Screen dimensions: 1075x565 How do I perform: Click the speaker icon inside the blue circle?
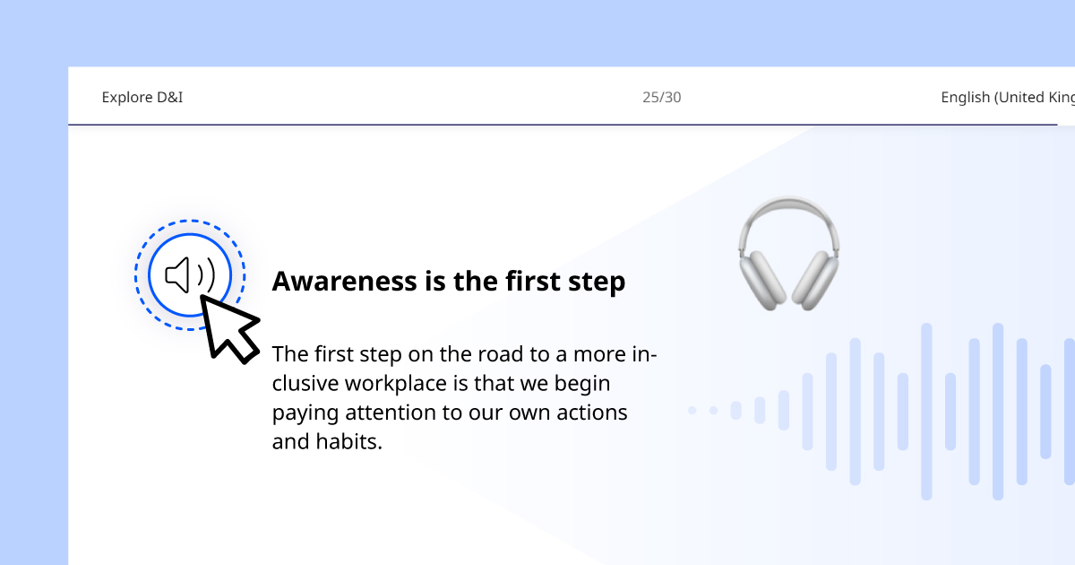tap(190, 274)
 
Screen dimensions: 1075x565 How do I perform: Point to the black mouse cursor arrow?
tap(229, 329)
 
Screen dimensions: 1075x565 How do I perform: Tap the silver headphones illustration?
tap(789, 254)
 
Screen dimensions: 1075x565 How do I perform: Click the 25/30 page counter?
tap(661, 97)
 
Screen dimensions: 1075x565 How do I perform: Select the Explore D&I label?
tap(142, 97)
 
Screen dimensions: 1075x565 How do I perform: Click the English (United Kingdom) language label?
tap(1008, 97)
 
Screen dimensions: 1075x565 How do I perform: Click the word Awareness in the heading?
tap(345, 281)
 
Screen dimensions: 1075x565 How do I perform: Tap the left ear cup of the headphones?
tap(763, 280)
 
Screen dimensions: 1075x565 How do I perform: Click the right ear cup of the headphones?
tap(815, 280)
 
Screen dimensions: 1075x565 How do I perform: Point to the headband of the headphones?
tap(789, 212)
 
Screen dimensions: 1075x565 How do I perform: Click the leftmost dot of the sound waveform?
tap(692, 411)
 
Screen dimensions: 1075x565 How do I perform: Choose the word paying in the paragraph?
tap(305, 413)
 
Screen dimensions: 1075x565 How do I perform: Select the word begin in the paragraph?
tap(582, 385)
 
